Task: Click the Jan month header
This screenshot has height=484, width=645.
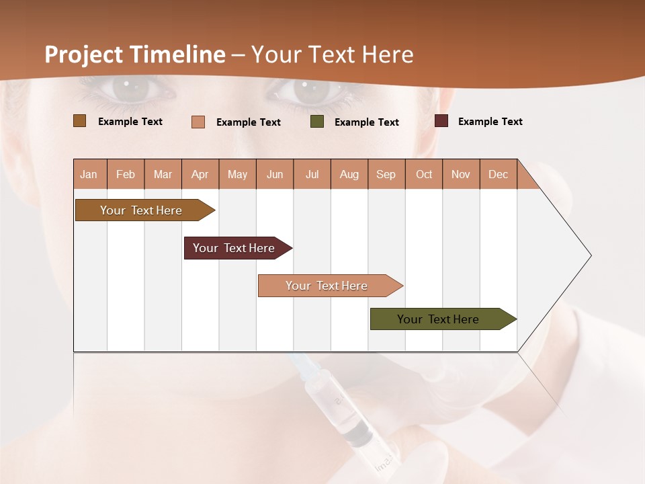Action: point(89,174)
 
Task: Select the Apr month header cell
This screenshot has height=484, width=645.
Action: point(200,174)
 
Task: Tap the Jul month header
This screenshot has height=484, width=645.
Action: point(312,174)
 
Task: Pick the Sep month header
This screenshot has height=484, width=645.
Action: point(386,174)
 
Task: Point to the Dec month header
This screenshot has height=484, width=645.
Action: point(498,174)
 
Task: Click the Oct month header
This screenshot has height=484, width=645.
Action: point(423,174)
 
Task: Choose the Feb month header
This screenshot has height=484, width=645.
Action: point(126,174)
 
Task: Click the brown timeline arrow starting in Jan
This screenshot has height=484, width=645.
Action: point(141,210)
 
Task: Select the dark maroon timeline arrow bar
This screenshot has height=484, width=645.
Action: point(234,248)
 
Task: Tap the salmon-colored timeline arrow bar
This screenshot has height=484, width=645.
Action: point(327,286)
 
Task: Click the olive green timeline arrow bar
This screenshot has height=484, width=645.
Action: point(438,319)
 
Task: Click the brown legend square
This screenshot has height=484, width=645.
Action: point(79,121)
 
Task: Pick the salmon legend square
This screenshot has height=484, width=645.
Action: point(198,122)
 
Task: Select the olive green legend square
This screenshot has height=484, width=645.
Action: point(317,122)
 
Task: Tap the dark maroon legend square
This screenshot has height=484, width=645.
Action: point(441,121)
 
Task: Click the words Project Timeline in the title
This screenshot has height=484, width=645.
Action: point(134,54)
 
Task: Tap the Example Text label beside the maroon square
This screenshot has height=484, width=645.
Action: point(490,122)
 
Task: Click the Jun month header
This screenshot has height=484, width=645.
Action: point(275,174)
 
